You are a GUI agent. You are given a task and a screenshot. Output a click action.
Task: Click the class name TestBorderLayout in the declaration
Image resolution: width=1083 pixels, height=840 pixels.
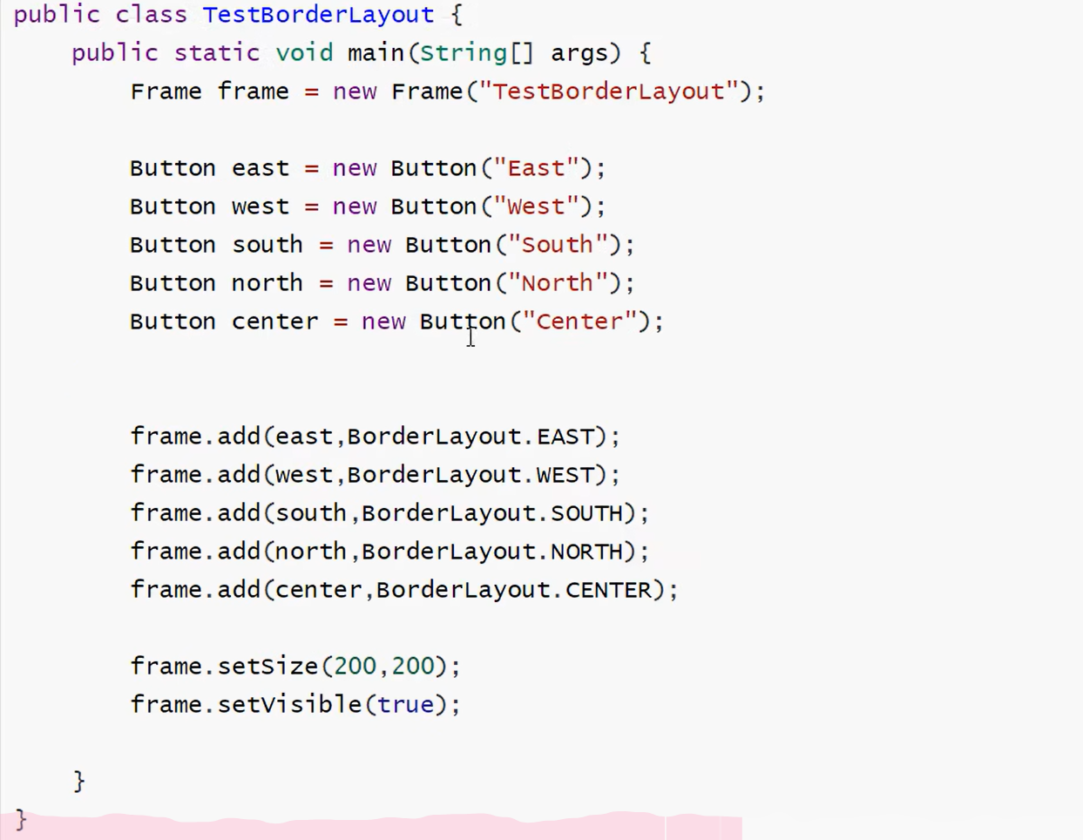click(x=318, y=15)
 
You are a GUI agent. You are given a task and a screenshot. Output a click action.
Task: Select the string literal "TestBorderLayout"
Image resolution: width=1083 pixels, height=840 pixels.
click(x=608, y=91)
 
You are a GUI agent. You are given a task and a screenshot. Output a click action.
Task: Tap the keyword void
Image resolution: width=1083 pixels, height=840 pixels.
click(x=304, y=53)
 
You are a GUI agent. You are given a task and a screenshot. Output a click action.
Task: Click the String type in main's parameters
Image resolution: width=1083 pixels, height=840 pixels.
click(x=463, y=53)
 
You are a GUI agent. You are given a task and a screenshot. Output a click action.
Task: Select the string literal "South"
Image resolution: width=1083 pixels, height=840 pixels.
click(x=558, y=245)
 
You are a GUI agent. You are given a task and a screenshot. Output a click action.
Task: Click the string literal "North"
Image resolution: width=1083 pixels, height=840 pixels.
click(x=558, y=283)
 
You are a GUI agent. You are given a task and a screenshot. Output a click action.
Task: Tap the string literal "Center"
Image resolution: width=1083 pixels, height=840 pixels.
click(x=579, y=322)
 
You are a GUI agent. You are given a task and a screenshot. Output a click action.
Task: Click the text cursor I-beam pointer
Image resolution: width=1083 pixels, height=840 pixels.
click(x=470, y=336)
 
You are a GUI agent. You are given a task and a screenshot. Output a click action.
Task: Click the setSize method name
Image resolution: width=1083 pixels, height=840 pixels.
click(x=268, y=667)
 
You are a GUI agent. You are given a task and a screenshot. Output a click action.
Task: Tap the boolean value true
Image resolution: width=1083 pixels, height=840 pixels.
click(x=406, y=705)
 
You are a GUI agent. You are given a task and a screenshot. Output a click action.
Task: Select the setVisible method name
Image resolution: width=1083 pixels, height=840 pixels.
click(x=289, y=705)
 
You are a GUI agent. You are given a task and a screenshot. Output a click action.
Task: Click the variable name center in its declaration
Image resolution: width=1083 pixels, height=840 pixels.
click(x=274, y=322)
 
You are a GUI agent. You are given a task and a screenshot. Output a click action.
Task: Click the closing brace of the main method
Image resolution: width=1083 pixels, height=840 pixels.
click(x=79, y=781)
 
